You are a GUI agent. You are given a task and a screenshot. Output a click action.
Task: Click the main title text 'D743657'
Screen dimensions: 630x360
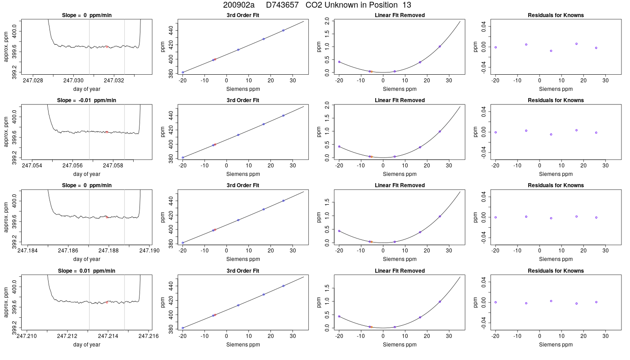[x=282, y=5]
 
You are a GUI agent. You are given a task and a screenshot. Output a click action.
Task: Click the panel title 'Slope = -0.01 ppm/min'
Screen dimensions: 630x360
[x=86, y=100]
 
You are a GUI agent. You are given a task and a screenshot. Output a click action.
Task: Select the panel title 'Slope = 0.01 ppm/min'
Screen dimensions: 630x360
[x=86, y=271]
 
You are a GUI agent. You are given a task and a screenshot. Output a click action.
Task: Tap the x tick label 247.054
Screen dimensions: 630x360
[x=32, y=166]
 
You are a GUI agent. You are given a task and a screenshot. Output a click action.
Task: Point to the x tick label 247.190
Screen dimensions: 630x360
[x=149, y=251]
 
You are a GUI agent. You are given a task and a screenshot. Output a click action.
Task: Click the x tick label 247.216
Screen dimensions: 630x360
[x=148, y=336]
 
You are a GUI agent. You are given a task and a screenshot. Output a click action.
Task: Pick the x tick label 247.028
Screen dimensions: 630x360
[x=33, y=81]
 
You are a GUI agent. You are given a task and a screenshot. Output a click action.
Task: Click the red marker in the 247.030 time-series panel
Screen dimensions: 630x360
[x=107, y=47]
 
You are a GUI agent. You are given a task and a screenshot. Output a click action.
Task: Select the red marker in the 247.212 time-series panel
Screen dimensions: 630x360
[x=107, y=302]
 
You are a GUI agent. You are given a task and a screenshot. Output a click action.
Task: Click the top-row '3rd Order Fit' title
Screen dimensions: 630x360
[x=243, y=15]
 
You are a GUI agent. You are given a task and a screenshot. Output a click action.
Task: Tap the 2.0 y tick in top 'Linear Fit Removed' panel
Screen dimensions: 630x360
[x=327, y=21]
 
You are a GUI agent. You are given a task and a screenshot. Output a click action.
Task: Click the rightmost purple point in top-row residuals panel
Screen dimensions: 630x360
[x=596, y=48]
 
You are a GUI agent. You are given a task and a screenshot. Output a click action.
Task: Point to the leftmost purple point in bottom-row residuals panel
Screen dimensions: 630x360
[x=495, y=302]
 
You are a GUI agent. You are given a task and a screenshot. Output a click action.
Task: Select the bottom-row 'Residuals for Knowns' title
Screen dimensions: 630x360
[x=556, y=271]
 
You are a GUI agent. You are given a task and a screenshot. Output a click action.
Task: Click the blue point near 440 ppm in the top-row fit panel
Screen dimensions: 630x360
[x=283, y=31]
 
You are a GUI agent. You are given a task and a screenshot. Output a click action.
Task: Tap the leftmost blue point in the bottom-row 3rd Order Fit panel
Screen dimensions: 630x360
[x=183, y=328]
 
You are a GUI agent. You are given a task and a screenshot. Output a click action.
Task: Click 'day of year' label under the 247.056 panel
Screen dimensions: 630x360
[x=86, y=174]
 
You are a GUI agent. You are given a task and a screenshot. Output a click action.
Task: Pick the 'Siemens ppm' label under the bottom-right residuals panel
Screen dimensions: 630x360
[x=556, y=345]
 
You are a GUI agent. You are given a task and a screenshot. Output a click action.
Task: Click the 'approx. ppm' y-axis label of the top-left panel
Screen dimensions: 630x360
[x=6, y=47]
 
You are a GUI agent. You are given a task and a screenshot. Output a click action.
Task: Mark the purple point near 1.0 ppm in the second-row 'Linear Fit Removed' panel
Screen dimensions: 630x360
[x=440, y=131]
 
